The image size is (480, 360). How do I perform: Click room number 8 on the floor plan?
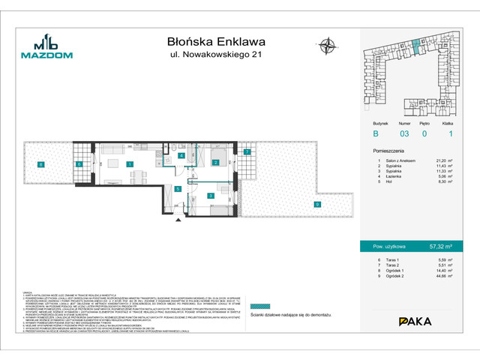pos(42,164)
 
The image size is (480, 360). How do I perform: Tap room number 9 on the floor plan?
pos(317,204)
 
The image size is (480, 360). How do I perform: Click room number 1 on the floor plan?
pos(129,164)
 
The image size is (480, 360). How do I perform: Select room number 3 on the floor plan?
pos(211,196)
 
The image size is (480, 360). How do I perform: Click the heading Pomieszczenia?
pos(391,149)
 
